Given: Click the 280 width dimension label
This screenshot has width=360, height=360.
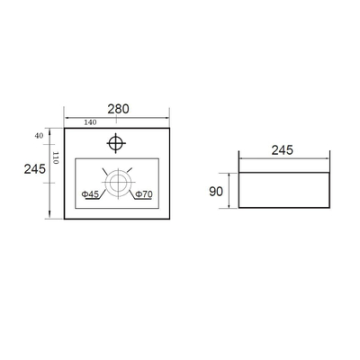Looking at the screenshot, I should click(118, 109).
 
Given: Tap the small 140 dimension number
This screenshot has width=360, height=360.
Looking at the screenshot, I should click(90, 122).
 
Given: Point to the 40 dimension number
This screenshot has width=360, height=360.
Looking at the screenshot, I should click(40, 135).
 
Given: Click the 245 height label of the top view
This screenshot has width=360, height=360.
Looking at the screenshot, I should click(35, 169).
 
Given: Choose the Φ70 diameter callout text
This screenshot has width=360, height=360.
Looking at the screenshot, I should click(143, 194).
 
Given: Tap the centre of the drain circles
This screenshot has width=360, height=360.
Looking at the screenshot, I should click(117, 183).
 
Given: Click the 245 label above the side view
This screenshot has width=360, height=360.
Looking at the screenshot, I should click(283, 150).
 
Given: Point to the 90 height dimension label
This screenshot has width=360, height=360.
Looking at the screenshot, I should click(217, 191).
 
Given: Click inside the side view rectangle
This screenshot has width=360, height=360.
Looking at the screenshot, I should click(283, 189).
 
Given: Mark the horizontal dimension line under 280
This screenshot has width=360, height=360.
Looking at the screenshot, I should click(118, 117).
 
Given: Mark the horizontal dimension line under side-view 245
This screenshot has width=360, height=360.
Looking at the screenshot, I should click(283, 159).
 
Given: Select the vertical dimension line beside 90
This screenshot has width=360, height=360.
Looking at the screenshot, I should click(230, 190).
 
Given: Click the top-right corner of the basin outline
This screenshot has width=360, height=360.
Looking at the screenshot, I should click(171, 128).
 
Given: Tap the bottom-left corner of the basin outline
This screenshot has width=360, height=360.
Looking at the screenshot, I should click(64, 218).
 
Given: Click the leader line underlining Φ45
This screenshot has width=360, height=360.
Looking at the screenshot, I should click(90, 200).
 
